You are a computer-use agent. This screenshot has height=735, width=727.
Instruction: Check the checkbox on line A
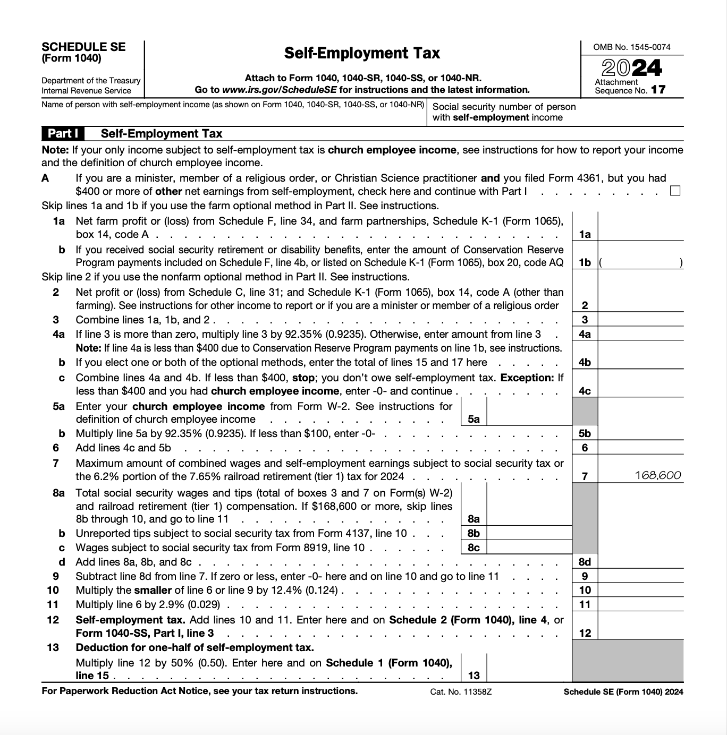click(x=675, y=191)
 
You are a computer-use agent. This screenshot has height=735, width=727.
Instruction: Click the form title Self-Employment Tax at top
click(x=362, y=53)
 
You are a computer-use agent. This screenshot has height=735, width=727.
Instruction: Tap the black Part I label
click(x=63, y=133)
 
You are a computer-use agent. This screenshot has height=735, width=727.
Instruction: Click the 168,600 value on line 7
click(x=657, y=475)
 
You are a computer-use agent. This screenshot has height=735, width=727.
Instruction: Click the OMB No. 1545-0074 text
click(x=632, y=47)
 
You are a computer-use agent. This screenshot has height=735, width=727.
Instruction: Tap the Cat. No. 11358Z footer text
click(x=461, y=691)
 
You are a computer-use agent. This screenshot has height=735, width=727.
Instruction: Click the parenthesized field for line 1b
click(x=640, y=262)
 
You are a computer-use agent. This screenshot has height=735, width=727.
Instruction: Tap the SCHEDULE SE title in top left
click(x=83, y=47)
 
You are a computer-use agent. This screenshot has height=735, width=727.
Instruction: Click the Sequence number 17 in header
click(x=658, y=90)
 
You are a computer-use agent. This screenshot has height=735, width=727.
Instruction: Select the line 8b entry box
click(x=529, y=533)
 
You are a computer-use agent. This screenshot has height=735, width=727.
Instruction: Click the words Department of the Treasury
click(x=91, y=81)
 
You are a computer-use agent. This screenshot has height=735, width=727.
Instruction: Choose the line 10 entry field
click(x=640, y=590)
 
